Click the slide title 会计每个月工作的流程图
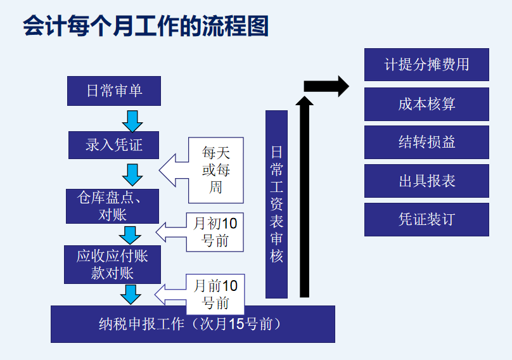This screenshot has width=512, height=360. [x=146, y=26]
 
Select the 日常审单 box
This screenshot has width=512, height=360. [x=114, y=91]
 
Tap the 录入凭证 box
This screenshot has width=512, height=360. [x=114, y=145]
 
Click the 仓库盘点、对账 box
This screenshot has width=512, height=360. [x=113, y=206]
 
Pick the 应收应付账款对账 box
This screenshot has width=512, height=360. [x=113, y=264]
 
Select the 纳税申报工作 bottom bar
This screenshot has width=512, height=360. [x=193, y=324]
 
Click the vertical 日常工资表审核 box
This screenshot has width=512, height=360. [x=276, y=204]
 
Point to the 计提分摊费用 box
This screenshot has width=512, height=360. [x=426, y=65]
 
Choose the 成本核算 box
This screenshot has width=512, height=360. [x=426, y=104]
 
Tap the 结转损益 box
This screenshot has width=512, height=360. [x=426, y=143]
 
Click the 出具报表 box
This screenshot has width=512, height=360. [x=426, y=181]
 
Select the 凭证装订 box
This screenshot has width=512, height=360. [x=426, y=219]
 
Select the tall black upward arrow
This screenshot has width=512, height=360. [x=305, y=196]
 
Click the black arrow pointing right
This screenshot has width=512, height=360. [x=326, y=86]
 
